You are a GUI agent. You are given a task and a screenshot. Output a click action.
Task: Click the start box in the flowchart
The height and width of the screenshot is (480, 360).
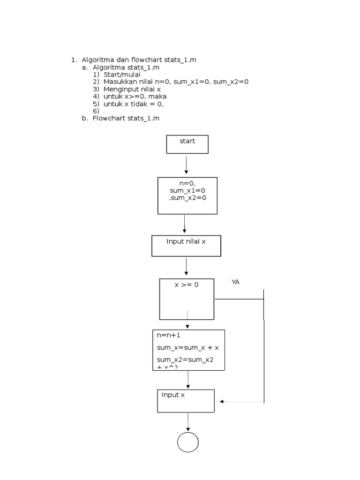coord(187,144)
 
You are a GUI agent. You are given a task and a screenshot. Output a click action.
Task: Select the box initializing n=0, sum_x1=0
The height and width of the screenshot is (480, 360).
coord(187,195)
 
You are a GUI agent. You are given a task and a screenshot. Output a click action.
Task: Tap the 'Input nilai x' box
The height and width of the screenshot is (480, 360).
coord(186,246)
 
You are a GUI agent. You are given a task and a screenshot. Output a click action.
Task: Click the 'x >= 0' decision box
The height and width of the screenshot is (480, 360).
coord(187,299)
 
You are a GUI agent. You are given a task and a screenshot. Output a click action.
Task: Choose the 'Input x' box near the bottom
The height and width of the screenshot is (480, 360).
coord(186,401)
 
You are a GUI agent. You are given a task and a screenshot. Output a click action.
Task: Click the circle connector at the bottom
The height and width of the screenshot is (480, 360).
coord(187,442)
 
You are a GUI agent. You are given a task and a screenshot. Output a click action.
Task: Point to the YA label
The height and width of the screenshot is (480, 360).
coord(235,282)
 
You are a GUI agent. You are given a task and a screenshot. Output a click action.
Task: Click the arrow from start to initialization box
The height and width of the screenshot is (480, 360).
coord(187,165)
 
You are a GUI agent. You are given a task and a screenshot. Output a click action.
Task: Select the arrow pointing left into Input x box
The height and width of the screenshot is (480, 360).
coord(241,402)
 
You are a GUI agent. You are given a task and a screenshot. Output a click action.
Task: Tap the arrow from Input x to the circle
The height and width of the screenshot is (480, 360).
coord(188,422)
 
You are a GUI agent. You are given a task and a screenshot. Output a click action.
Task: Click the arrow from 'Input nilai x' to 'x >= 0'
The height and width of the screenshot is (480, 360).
coord(187,266)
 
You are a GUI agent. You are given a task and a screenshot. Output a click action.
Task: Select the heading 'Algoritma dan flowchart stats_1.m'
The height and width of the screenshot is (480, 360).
coord(139,60)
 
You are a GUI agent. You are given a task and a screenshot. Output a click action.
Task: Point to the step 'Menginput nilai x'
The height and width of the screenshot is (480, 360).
coord(132,89)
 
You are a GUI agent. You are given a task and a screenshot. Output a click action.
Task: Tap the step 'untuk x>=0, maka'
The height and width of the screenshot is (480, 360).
coord(135,96)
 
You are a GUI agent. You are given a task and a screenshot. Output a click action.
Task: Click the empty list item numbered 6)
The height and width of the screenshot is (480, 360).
coord(96,111)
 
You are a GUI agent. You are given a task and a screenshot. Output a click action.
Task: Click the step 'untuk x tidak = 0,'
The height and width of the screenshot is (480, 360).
coord(134,104)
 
